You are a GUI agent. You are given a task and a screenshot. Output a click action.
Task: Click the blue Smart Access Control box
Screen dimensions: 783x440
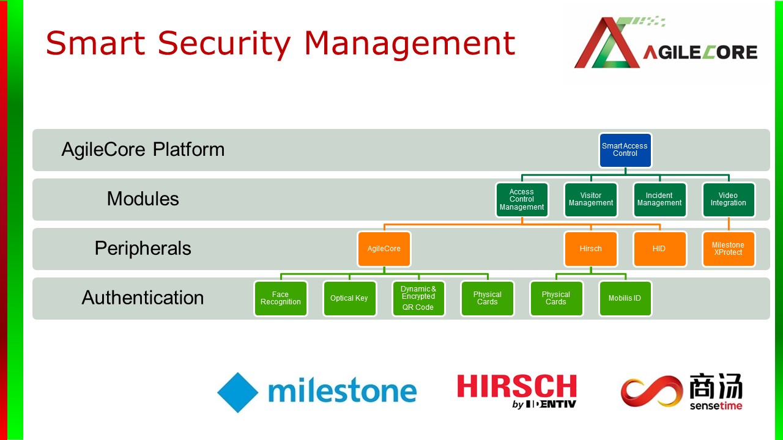click(625, 150)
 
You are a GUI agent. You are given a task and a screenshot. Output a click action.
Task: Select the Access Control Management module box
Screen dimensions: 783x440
click(522, 199)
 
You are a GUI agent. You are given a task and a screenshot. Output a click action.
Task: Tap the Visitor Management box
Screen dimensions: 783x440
click(591, 199)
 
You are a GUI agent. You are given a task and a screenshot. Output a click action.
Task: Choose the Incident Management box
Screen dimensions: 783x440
click(659, 199)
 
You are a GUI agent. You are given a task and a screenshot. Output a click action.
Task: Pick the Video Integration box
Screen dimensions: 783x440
click(729, 199)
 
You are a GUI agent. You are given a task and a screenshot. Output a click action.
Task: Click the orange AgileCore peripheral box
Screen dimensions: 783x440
click(384, 249)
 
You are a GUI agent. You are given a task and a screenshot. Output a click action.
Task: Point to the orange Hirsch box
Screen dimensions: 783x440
click(591, 249)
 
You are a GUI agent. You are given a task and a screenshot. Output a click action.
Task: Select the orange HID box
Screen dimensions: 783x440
click(659, 249)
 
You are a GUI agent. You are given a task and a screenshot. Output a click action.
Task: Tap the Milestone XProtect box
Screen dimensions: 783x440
click(729, 249)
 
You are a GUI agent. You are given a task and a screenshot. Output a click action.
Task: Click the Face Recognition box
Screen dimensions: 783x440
click(281, 298)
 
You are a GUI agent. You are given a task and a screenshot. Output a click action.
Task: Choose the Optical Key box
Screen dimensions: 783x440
click(349, 298)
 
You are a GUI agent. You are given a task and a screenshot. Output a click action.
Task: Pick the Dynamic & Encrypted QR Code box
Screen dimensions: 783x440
click(418, 298)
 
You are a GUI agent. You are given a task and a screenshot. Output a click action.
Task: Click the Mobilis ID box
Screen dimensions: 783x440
click(625, 298)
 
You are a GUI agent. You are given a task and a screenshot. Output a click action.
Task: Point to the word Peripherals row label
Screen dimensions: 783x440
click(143, 248)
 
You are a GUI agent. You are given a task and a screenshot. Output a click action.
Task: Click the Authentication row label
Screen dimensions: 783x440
click(143, 298)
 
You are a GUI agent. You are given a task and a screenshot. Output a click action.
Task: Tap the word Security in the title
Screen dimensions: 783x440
click(224, 44)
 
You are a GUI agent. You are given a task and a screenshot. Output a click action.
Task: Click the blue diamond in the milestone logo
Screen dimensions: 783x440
click(238, 392)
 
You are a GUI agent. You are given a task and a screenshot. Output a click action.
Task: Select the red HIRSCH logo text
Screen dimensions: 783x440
click(517, 386)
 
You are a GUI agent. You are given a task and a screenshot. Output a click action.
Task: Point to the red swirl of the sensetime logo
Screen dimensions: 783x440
click(651, 391)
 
